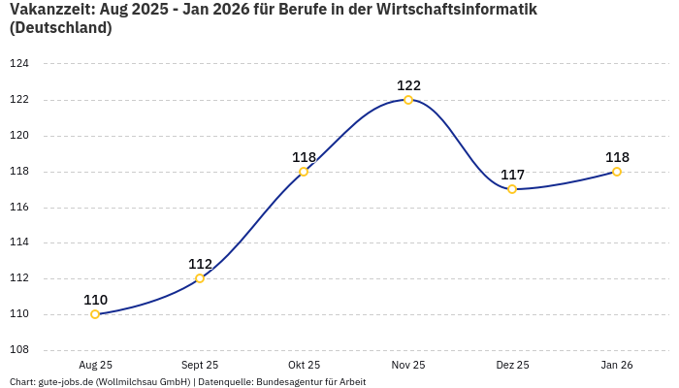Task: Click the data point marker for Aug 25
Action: point(95,314)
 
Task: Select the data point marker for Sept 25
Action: point(200,278)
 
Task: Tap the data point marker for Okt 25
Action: point(304,172)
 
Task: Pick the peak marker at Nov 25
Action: point(408,100)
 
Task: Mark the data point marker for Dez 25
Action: point(512,189)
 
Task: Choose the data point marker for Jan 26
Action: point(617,172)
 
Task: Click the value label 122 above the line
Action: point(408,85)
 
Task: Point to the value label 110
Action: point(95,300)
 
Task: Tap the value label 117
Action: point(512,175)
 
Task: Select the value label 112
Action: point(200,264)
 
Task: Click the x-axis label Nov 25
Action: point(408,365)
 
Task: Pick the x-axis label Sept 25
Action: point(200,365)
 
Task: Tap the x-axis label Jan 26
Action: point(617,365)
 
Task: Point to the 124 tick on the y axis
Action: point(19,64)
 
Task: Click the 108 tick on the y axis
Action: point(19,350)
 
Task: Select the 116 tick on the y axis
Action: point(19,208)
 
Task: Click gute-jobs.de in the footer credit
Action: point(65,382)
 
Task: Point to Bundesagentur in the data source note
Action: point(291,382)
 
